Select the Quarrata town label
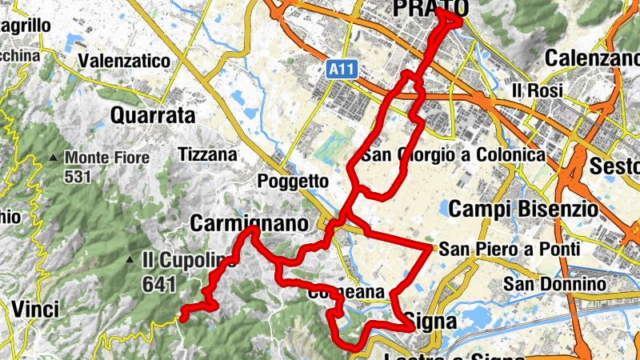click(x=153, y=116)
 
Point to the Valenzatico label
click(x=125, y=61)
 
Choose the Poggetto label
click(x=293, y=182)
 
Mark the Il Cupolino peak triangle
click(x=130, y=260)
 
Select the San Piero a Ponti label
click(x=510, y=250)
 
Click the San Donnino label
click(x=550, y=284)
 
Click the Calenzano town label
click(x=592, y=58)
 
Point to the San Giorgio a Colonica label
click(x=453, y=154)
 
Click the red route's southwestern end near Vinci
click(x=183, y=317)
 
